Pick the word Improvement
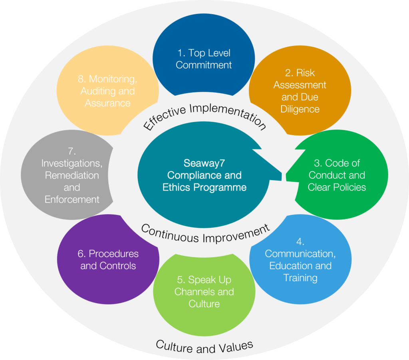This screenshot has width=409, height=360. (236, 235)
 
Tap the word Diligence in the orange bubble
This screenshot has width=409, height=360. (300, 109)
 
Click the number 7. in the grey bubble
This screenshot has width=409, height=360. (71, 151)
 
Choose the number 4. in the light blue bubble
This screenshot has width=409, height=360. (300, 241)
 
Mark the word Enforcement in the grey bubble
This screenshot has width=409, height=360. (72, 199)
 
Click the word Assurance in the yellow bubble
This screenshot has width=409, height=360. (107, 103)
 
